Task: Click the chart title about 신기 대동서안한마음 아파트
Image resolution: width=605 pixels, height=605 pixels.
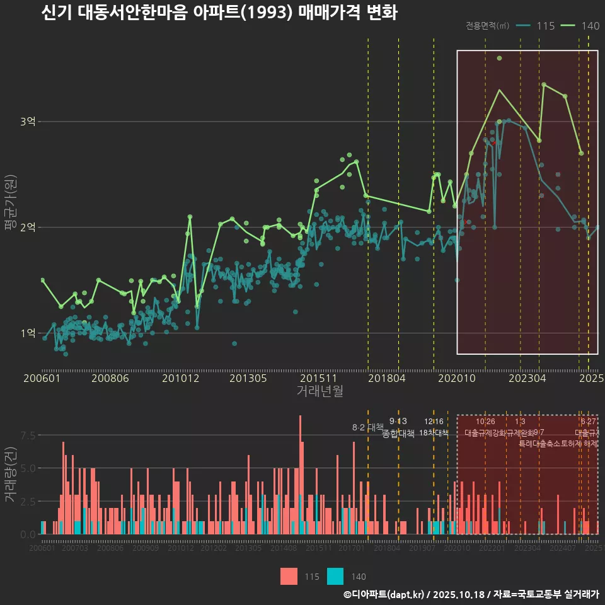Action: [219, 13]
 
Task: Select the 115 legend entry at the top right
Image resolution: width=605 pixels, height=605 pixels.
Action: [535, 26]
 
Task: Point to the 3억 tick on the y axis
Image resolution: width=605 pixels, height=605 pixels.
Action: [28, 122]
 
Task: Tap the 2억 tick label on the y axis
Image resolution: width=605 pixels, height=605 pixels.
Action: [28, 228]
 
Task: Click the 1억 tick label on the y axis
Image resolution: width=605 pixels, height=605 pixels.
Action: [28, 333]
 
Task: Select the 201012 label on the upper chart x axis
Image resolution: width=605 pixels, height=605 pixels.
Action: [181, 379]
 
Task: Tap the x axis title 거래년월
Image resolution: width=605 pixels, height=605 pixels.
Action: [320, 391]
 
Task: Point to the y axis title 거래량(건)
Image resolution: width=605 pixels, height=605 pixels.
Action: [10, 475]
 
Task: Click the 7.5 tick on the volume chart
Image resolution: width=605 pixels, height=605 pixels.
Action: [28, 435]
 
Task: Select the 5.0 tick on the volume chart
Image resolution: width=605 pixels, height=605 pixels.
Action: [28, 468]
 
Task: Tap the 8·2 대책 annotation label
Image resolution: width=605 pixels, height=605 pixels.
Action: [367, 427]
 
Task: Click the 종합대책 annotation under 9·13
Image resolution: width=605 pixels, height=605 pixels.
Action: [398, 434]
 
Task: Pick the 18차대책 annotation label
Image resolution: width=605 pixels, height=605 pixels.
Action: [434, 433]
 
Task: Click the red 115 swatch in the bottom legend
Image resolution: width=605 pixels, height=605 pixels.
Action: [289, 576]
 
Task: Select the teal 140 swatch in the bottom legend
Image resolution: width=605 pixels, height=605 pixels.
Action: [336, 576]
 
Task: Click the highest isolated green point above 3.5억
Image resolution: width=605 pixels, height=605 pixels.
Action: [499, 58]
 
